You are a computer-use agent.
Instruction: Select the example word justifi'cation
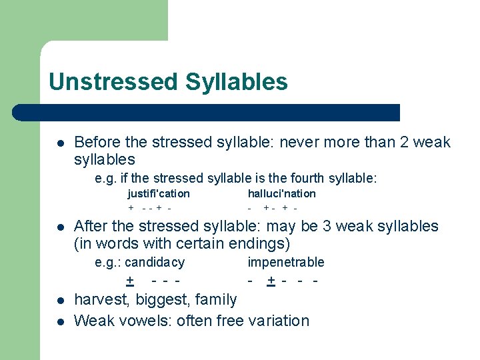coord(159,193)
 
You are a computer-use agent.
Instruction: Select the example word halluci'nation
coord(281,193)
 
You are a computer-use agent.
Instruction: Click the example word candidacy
coord(155,262)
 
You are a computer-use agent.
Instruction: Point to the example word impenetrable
coord(286,262)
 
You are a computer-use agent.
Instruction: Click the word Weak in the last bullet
coord(93,321)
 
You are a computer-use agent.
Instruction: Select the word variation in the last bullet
coord(279,321)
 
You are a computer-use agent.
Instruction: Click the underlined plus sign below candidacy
coord(130,281)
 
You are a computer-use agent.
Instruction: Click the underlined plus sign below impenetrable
coord(271,281)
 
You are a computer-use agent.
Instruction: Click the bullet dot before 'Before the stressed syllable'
coord(60,143)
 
